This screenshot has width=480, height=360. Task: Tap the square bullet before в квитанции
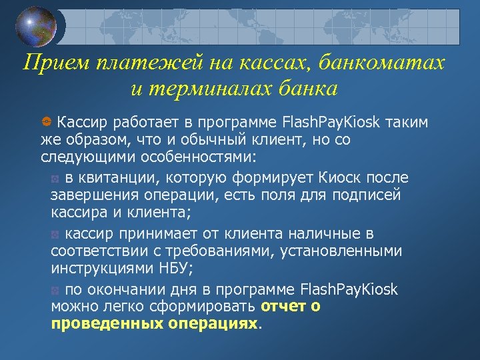point(55,179)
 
